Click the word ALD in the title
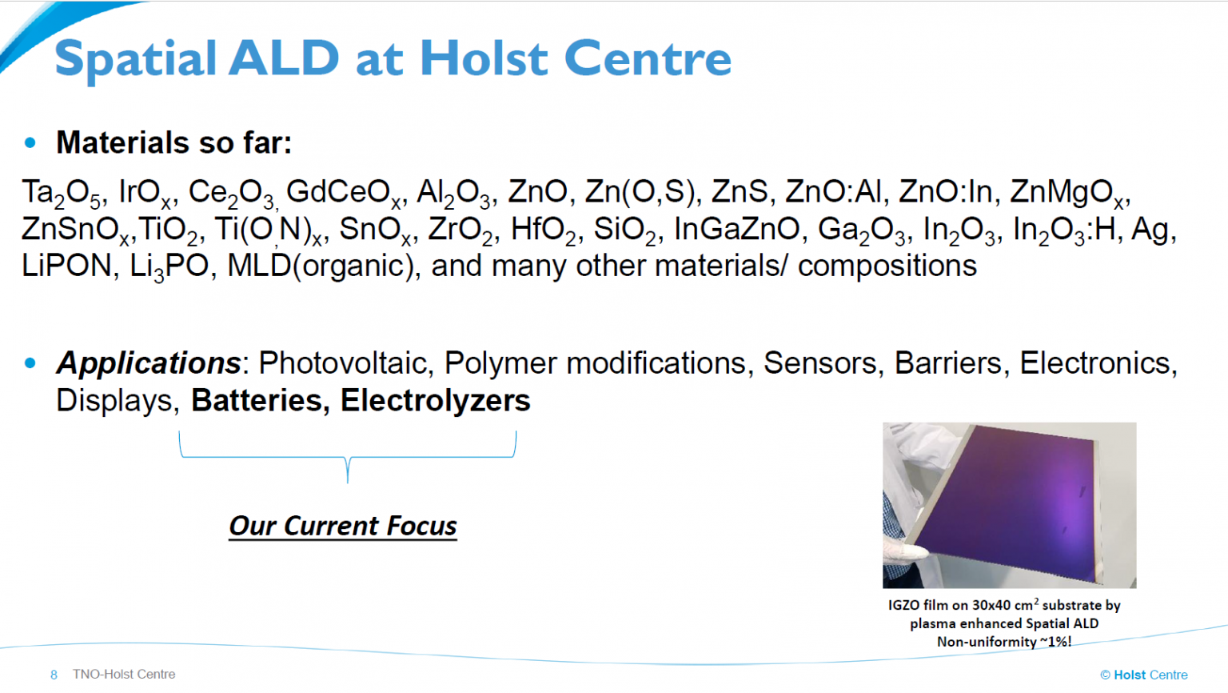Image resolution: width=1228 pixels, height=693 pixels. (284, 58)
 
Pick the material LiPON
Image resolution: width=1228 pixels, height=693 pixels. (66, 266)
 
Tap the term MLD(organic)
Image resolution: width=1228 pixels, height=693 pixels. (320, 267)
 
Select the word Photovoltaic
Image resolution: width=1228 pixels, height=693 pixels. (342, 363)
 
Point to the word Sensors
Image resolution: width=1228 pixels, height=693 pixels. (820, 363)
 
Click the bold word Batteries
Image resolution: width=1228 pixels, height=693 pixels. (257, 401)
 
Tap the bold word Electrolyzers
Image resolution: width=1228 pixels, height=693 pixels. (435, 401)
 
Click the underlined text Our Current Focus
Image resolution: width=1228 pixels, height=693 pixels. (343, 526)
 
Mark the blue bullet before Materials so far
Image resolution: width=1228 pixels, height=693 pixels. (30, 143)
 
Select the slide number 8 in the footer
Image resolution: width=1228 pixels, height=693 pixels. (54, 675)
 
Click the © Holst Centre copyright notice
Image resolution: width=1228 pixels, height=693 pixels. (1144, 675)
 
